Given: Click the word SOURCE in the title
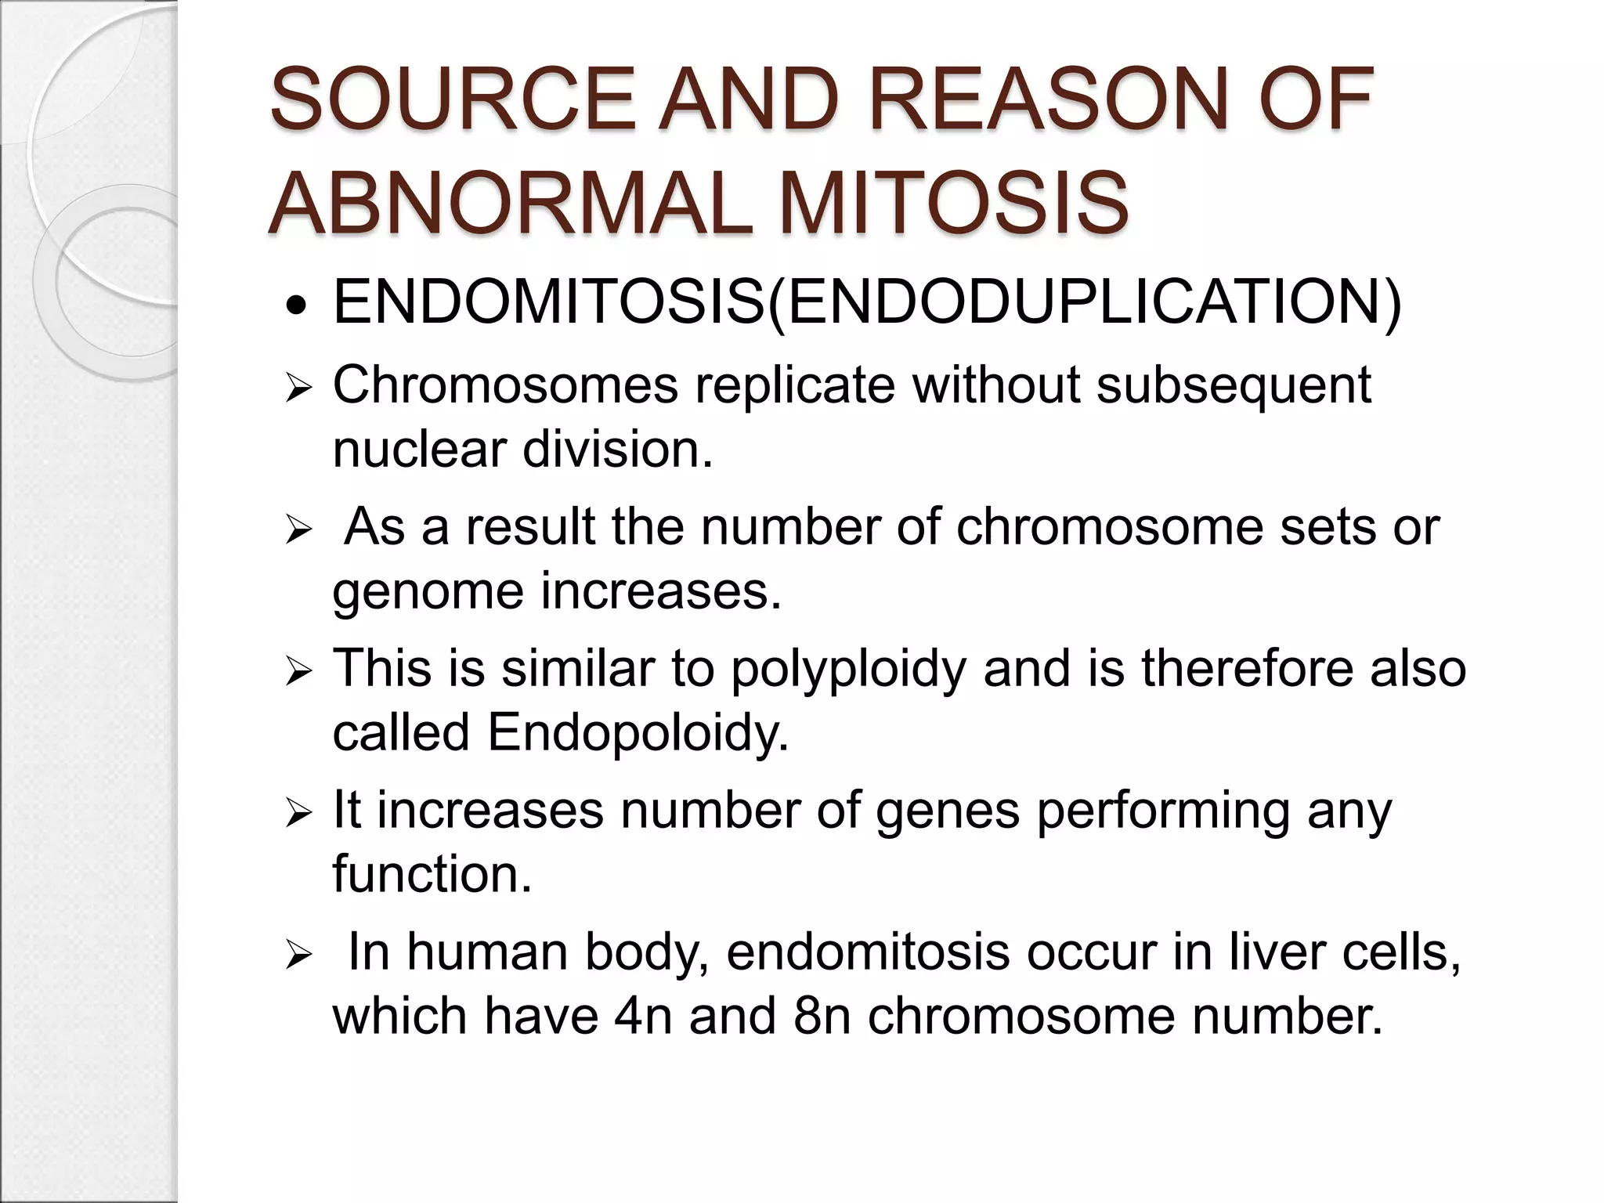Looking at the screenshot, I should pos(452,100).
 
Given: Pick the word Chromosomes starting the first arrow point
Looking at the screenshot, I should pos(505,385).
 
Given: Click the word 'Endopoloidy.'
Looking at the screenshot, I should pos(638,732).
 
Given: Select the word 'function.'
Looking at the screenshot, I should pos(432,873).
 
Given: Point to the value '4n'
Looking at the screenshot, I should pos(643,1016).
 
